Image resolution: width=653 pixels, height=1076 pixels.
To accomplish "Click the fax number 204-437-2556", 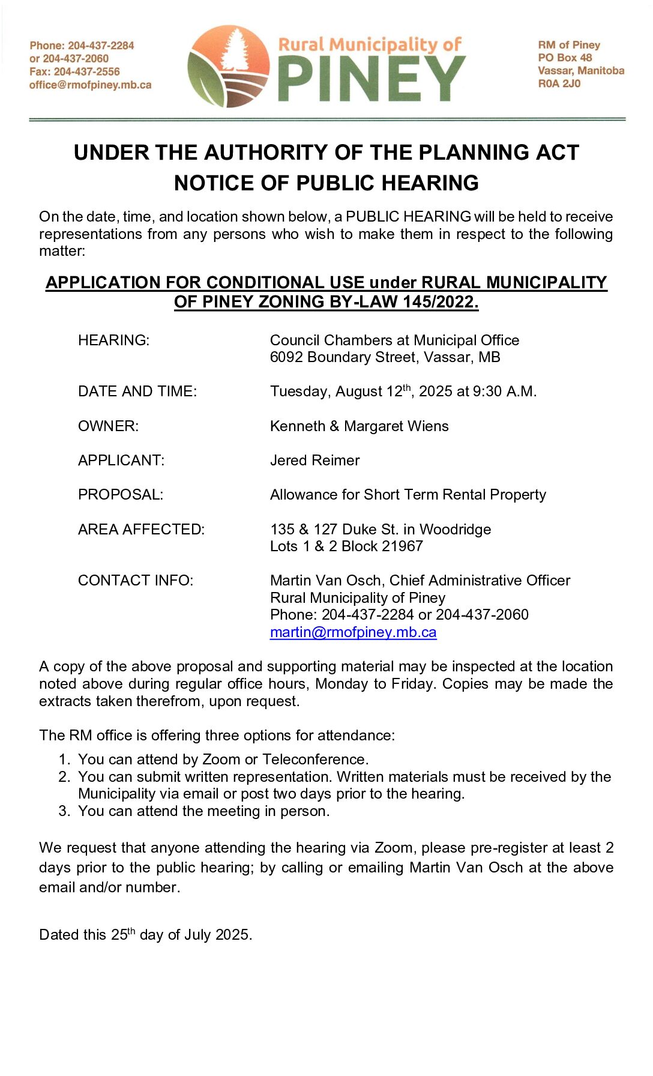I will coord(86,71).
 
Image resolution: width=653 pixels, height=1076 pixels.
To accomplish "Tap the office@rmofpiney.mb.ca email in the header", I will coord(90,85).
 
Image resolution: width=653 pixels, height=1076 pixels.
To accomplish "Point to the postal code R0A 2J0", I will coord(559,83).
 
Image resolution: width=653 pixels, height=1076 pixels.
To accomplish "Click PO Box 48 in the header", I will coord(564,58).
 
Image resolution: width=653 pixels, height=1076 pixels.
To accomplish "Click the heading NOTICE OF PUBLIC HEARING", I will coord(326,183).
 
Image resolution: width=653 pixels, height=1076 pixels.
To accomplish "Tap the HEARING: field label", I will coord(113,340).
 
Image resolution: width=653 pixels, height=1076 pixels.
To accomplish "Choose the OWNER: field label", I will coord(108,426).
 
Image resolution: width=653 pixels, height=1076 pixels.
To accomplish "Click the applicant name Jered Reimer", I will coord(314,461).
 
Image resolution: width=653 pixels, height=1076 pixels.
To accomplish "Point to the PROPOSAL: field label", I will coord(120,495).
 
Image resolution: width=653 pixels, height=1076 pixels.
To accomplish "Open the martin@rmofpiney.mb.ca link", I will coord(353,632).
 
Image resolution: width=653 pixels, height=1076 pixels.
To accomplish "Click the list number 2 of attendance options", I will coord(64,777).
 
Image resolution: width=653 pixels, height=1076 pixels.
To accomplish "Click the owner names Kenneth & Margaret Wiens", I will coord(359,426).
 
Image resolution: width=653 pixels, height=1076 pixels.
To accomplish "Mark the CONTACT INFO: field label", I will coord(135,581).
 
